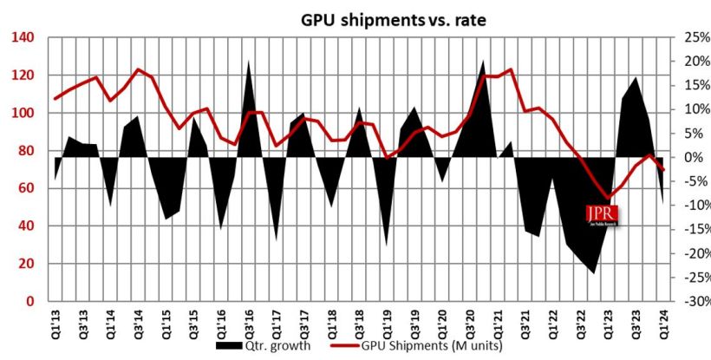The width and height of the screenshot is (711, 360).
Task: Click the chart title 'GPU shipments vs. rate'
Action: coord(393,19)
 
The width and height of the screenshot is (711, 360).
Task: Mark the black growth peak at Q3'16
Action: coord(249,62)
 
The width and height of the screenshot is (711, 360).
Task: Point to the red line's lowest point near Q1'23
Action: coord(610,198)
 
